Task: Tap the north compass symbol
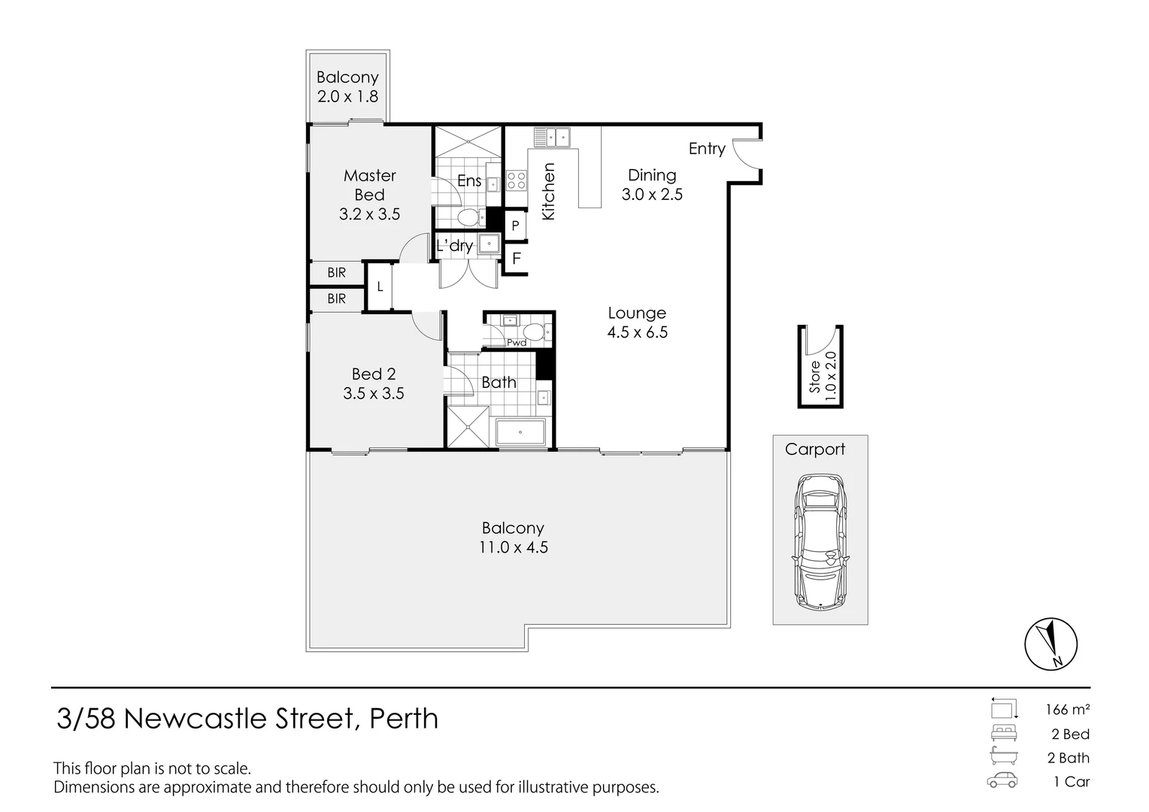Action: tap(1050, 644)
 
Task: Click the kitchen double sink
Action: tap(553, 138)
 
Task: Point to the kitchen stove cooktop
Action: tap(516, 180)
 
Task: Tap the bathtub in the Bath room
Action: tap(520, 433)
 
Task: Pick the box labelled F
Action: tap(517, 259)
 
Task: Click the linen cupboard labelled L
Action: tap(380, 286)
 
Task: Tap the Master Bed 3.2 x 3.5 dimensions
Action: tap(369, 214)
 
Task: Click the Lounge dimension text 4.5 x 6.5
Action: tap(638, 332)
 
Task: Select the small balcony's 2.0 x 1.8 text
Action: tap(347, 97)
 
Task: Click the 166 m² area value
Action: tap(1067, 709)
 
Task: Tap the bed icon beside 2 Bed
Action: tap(1004, 733)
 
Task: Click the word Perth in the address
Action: tap(404, 719)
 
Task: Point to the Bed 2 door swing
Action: tap(427, 326)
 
